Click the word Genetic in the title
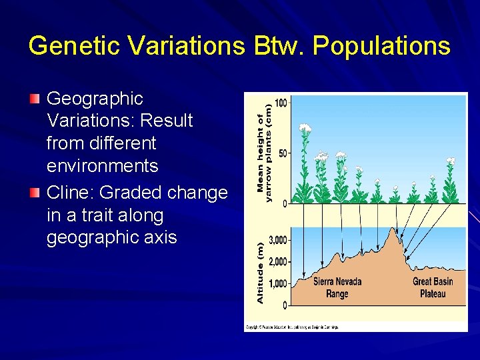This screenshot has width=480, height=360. [x=71, y=46]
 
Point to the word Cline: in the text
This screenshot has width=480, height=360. [x=71, y=193]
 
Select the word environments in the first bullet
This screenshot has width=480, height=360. [x=102, y=166]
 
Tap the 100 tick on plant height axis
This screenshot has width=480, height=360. [x=281, y=103]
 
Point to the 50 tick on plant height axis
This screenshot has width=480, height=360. [x=283, y=154]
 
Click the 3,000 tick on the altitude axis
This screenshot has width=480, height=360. [x=277, y=240]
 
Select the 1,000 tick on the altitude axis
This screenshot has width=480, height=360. [x=277, y=284]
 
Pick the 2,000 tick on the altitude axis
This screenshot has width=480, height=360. [x=277, y=262]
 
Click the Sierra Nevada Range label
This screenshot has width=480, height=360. [x=337, y=287]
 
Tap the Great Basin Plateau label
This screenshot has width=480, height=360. [x=432, y=287]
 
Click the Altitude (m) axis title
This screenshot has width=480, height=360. [x=261, y=272]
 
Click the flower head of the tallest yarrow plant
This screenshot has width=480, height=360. [x=305, y=127]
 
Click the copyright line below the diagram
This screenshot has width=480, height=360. [x=292, y=327]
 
